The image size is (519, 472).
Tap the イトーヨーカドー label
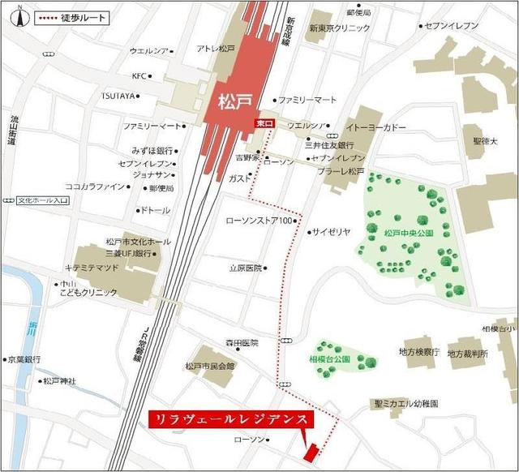click(376, 127)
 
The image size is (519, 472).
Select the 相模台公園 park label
click(328, 358)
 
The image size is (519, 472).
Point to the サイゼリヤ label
click(332, 231)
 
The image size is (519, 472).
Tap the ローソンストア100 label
click(258, 220)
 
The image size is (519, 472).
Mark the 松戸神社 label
click(59, 380)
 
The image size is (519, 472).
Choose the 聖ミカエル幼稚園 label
click(406, 403)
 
